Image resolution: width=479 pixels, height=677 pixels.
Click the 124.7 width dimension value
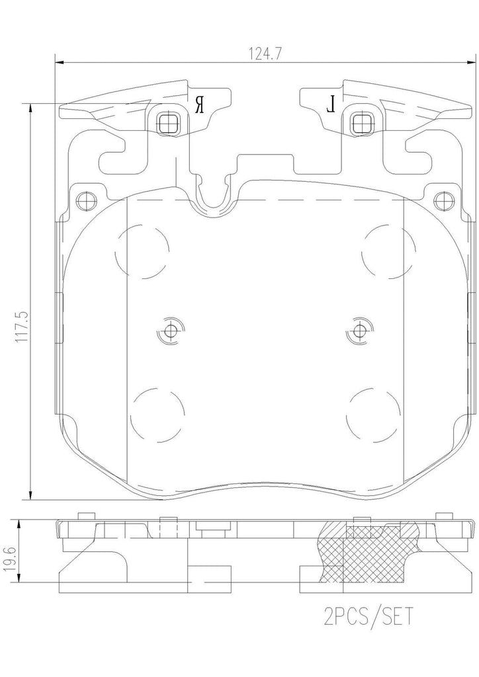click(x=262, y=53)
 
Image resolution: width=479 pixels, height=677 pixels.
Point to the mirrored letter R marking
click(x=198, y=103)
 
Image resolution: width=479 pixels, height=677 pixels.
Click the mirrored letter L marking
click(x=333, y=103)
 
